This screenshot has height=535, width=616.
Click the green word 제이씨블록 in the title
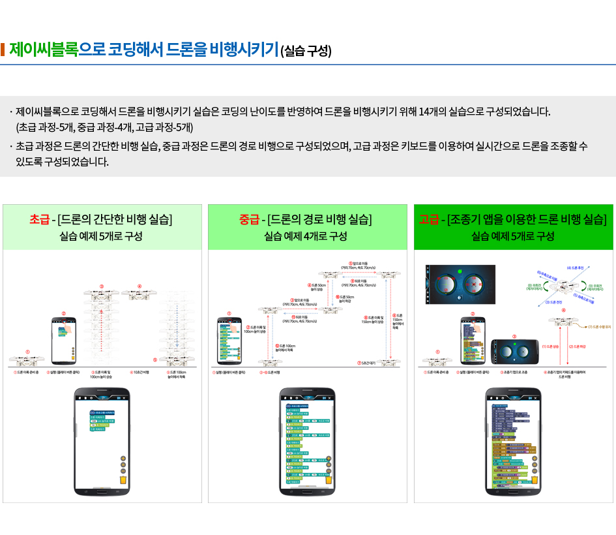click(44, 50)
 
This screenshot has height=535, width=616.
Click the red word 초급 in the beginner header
click(40, 219)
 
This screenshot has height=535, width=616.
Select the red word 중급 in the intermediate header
click(248, 219)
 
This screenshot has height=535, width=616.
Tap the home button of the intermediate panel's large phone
click(307, 491)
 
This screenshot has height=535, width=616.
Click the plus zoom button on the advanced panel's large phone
click(535, 458)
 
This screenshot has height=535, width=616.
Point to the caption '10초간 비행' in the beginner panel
click(140, 373)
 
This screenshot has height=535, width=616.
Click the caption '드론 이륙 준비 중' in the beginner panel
click(27, 373)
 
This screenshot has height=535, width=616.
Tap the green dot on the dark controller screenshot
click(459, 270)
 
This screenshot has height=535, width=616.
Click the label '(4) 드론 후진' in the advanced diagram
click(574, 268)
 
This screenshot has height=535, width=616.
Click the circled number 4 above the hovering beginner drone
click(139, 285)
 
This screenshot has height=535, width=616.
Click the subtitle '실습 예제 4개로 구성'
click(306, 236)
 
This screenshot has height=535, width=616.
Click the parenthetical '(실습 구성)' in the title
click(306, 52)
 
